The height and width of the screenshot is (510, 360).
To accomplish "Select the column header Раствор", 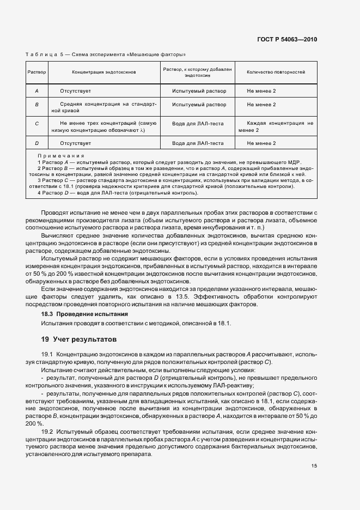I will (36, 72).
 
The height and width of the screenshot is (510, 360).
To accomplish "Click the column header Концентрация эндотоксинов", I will (103, 72).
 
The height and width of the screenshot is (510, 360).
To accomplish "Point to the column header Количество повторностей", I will (276, 72).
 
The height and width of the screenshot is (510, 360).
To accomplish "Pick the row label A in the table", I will (36, 90).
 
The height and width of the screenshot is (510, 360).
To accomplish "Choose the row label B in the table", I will (36, 104).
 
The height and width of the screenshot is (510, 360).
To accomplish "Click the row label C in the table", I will (36, 124).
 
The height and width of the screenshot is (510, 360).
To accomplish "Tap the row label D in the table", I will (36, 143).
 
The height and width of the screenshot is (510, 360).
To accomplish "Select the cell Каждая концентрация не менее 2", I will (276, 127).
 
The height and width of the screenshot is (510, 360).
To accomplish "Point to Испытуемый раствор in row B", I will (199, 104).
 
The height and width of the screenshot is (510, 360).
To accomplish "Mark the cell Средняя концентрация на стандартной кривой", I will (103, 107).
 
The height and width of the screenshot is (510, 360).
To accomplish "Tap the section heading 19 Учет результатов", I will (76, 339).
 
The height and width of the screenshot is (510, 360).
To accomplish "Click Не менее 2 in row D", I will (261, 143).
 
